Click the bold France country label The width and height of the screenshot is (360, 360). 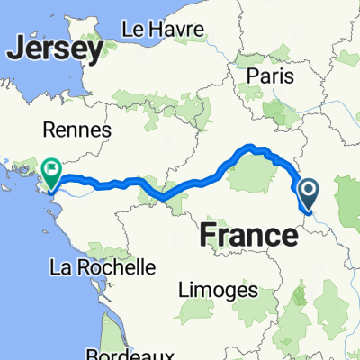pos(247,236)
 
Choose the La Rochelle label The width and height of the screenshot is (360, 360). pos(103,267)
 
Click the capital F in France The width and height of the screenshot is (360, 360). pos(208,236)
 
